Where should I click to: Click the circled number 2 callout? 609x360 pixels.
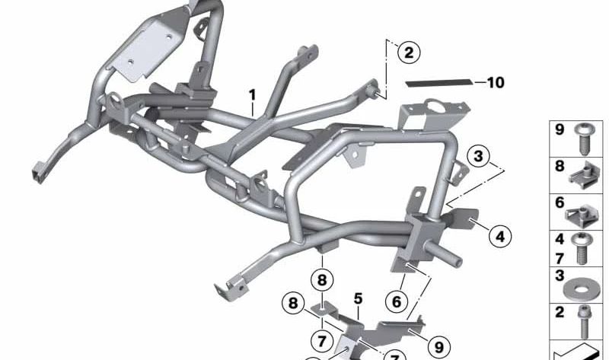tap(409, 53)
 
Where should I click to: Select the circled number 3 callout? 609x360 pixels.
tap(478, 158)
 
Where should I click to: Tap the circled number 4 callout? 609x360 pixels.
tap(499, 237)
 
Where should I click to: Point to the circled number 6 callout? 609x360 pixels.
tap(396, 301)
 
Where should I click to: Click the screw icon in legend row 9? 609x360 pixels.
tap(585, 138)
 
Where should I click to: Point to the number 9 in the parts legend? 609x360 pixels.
tap(559, 130)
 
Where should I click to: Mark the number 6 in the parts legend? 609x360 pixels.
tap(559, 203)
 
